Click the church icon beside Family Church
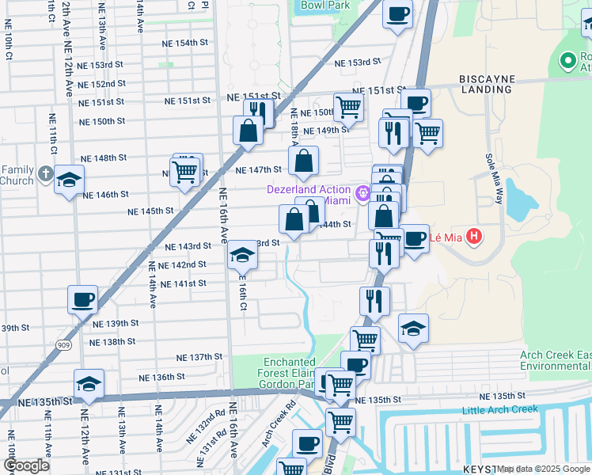[47, 173]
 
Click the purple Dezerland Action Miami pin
[363, 192]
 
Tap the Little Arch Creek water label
[502, 410]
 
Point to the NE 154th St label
[188, 43]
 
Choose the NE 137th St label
[199, 358]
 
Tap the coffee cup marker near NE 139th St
[82, 300]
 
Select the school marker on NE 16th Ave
[242, 256]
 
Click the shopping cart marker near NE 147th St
[184, 170]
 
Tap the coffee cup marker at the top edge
[397, 13]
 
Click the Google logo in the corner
[26, 465]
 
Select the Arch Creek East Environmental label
[555, 361]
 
